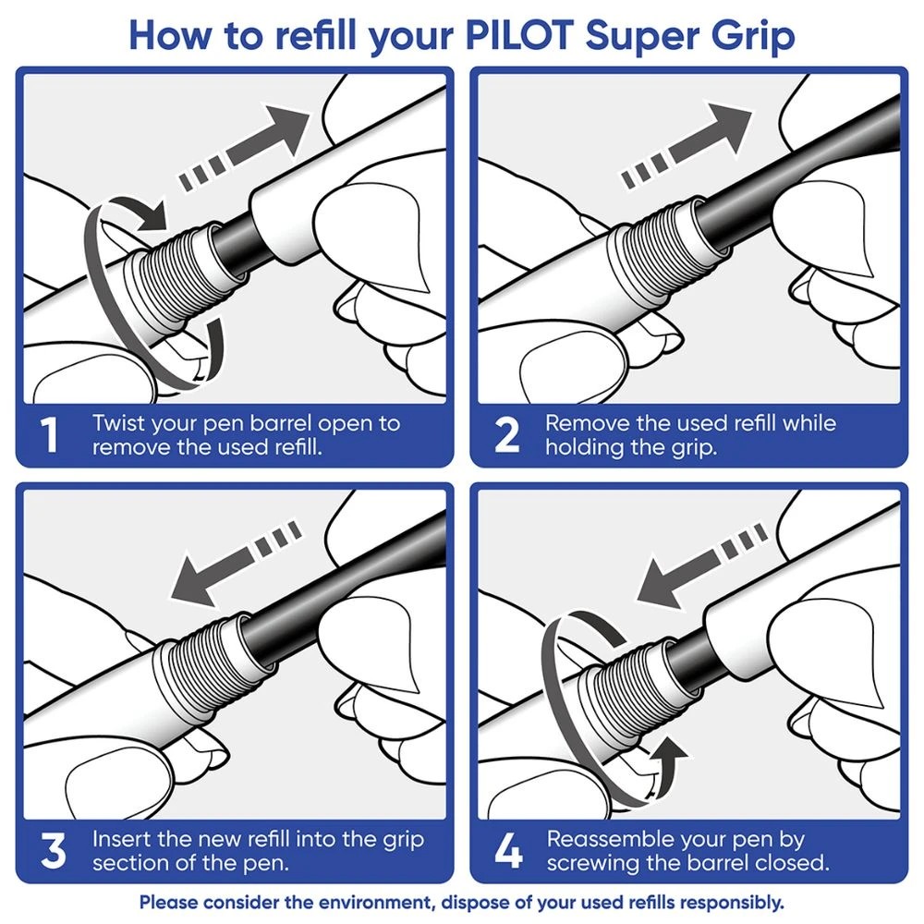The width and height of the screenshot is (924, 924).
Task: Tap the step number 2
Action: (507, 436)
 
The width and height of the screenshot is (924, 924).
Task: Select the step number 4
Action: (508, 852)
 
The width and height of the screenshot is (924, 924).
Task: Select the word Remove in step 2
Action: (583, 423)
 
